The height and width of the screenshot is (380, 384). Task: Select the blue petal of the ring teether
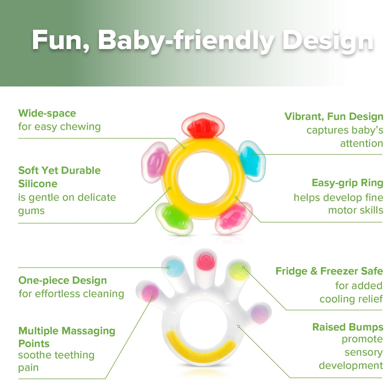(x=252, y=161)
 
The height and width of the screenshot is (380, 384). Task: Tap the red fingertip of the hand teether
(x=205, y=261)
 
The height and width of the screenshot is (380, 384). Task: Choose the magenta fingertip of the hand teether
(x=150, y=293)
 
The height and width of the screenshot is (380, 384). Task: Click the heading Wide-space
(x=47, y=113)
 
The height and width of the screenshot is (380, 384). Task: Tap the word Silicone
(x=38, y=184)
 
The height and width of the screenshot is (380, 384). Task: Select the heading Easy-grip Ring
(x=347, y=183)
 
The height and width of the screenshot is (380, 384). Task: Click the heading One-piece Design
(x=62, y=280)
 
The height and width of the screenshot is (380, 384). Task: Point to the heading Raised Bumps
(x=347, y=327)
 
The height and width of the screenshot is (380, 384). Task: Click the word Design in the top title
(x=328, y=40)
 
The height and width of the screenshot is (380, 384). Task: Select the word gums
(x=31, y=211)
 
